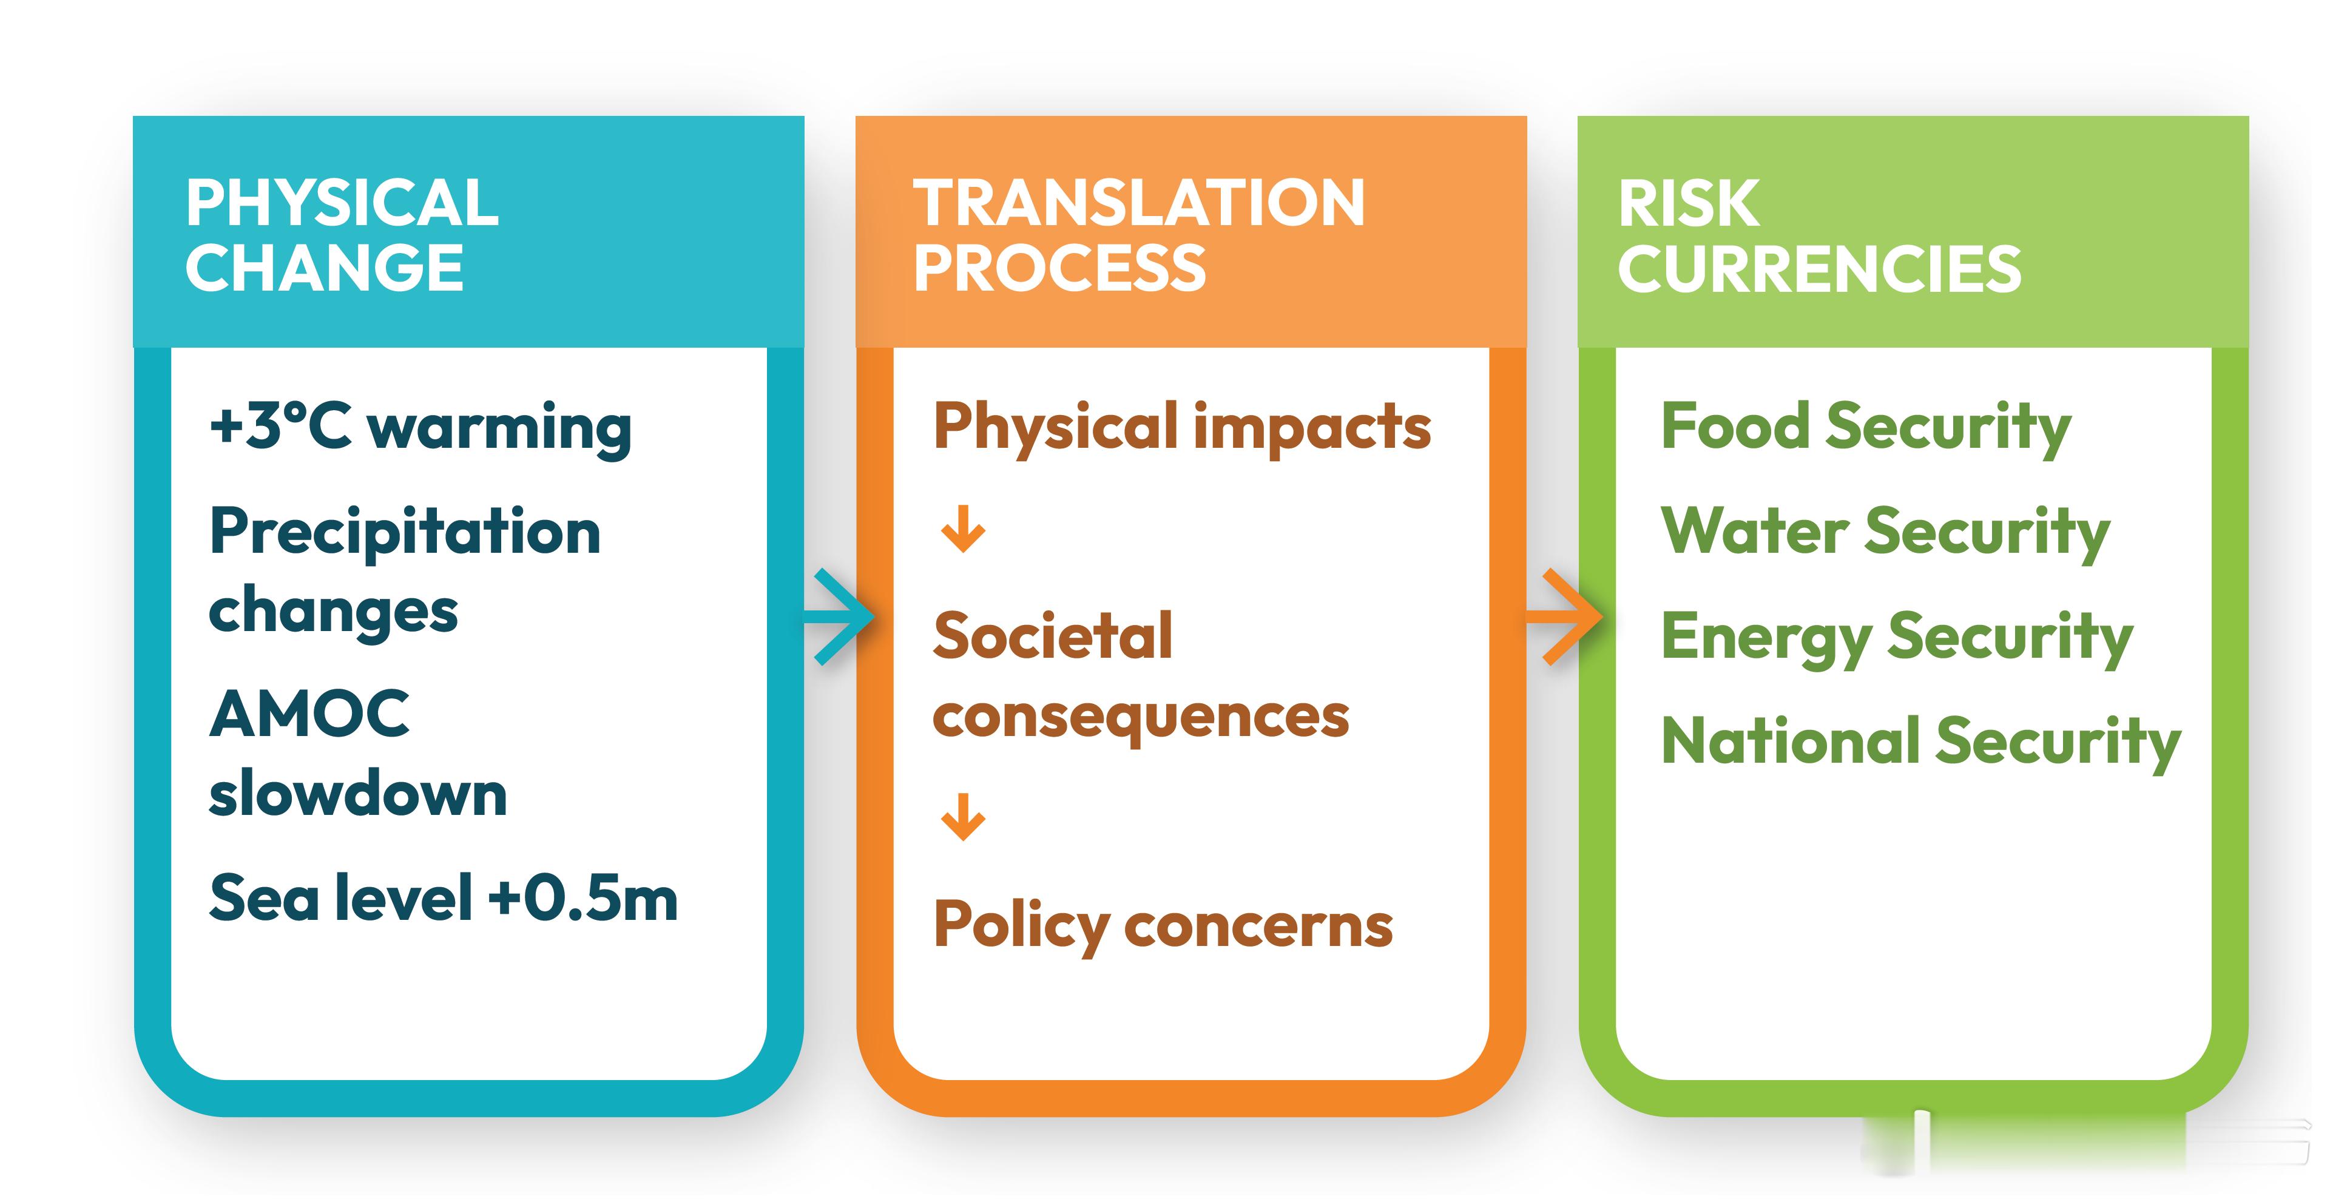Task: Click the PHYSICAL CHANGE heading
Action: click(341, 235)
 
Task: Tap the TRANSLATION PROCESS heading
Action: click(1138, 235)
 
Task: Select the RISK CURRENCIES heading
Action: click(1818, 235)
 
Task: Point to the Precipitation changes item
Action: click(404, 570)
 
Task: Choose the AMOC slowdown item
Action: click(357, 753)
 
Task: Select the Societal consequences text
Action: click(1140, 675)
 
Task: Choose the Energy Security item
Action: click(1897, 638)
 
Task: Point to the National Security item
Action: click(1920, 742)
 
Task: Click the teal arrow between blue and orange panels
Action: click(841, 618)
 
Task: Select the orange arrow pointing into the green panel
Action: click(1569, 618)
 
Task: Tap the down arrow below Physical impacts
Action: click(962, 529)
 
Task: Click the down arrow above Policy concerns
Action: click(962, 817)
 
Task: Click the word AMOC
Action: click(309, 714)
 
